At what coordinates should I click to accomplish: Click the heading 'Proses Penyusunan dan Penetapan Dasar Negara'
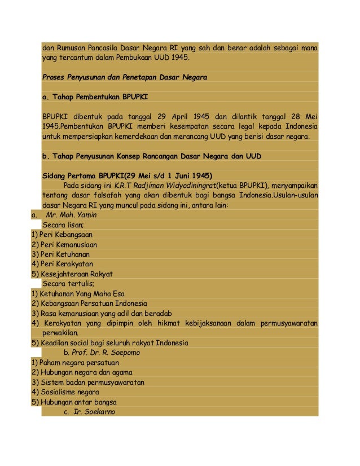click(125, 77)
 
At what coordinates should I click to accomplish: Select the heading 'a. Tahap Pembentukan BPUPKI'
click(95, 97)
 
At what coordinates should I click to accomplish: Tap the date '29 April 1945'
click(185, 117)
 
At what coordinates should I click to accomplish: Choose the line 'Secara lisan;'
click(63, 224)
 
